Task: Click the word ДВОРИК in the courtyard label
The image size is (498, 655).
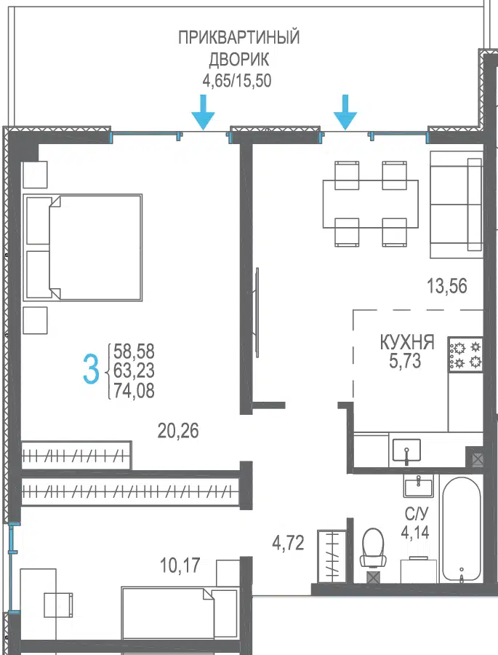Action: [x=238, y=60]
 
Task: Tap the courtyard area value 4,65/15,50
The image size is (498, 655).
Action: [x=237, y=80]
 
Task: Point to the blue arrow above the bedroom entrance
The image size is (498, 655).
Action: [x=204, y=112]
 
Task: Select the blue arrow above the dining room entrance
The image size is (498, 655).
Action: [x=345, y=112]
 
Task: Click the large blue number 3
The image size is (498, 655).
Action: [x=91, y=369]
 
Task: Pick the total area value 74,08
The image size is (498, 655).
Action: [x=134, y=391]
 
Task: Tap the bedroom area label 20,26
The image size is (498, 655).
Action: [x=178, y=430]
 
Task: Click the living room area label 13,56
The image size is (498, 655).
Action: [x=446, y=286]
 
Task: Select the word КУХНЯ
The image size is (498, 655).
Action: [x=407, y=342]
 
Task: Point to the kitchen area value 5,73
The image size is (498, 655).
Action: [x=405, y=361]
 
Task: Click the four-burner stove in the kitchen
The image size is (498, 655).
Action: [x=466, y=354]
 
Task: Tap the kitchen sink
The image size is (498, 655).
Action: [x=406, y=450]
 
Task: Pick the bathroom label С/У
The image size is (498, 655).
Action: [x=416, y=515]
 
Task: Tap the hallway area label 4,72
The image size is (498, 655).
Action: [x=288, y=543]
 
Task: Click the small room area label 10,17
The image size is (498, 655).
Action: [x=180, y=565]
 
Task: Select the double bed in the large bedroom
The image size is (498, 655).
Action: [x=83, y=247]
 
